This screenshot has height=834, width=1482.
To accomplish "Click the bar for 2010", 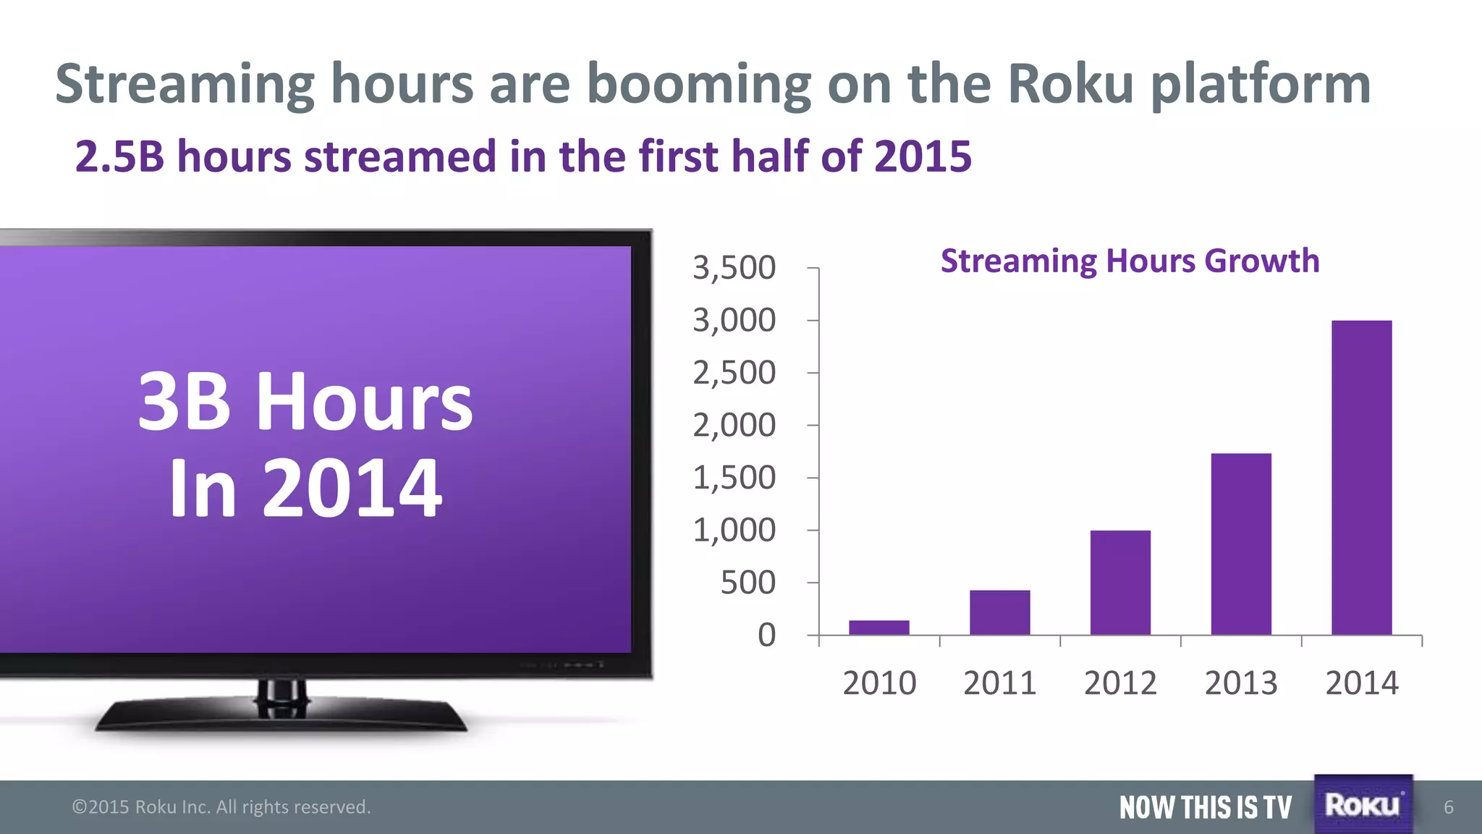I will pyautogui.click(x=878, y=627).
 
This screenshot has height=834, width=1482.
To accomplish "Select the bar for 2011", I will pyautogui.click(x=999, y=612).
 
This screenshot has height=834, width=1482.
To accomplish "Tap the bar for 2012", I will pyautogui.click(x=1120, y=583).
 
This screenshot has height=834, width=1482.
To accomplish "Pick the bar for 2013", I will pyautogui.click(x=1241, y=544).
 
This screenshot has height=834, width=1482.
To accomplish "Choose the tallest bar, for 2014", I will pyautogui.click(x=1361, y=478).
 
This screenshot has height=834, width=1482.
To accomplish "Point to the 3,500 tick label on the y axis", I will pyautogui.click(x=734, y=268).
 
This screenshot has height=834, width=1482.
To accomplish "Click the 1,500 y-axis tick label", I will pyautogui.click(x=734, y=478).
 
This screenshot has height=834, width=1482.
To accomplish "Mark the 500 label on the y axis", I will pyautogui.click(x=748, y=583).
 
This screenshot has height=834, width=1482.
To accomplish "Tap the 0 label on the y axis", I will pyautogui.click(x=766, y=636).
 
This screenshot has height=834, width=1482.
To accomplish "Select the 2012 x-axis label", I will pyautogui.click(x=1120, y=683).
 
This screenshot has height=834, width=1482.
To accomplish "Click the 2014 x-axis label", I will pyautogui.click(x=1361, y=683).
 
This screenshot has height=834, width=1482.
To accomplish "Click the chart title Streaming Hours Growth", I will pyautogui.click(x=1130, y=261).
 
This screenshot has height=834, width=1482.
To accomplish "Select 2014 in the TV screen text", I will pyautogui.click(x=352, y=489).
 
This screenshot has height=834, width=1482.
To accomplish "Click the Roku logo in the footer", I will pyautogui.click(x=1363, y=805).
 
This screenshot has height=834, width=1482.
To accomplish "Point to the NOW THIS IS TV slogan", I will pyautogui.click(x=1205, y=807).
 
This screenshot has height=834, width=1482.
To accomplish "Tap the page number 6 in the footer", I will pyautogui.click(x=1448, y=807).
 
